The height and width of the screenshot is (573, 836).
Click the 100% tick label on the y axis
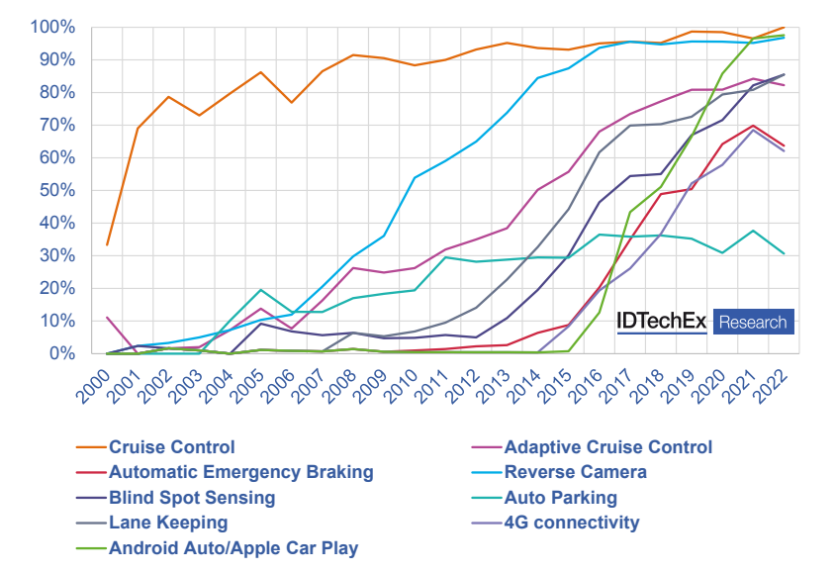click(x=52, y=27)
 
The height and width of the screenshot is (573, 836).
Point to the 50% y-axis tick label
click(x=57, y=190)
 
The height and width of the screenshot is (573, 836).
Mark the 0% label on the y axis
click(x=62, y=353)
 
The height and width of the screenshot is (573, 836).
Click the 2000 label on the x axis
click(x=94, y=386)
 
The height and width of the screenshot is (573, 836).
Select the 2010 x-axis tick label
click(x=401, y=386)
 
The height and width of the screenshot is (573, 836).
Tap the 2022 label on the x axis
click(x=770, y=386)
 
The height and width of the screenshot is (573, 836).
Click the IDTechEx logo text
click(x=662, y=321)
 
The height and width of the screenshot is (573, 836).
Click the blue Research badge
click(x=753, y=322)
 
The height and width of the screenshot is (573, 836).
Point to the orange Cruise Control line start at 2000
click(x=107, y=244)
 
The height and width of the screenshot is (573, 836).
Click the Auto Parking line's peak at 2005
click(x=261, y=290)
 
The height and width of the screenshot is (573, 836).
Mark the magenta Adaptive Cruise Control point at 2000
click(x=107, y=318)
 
